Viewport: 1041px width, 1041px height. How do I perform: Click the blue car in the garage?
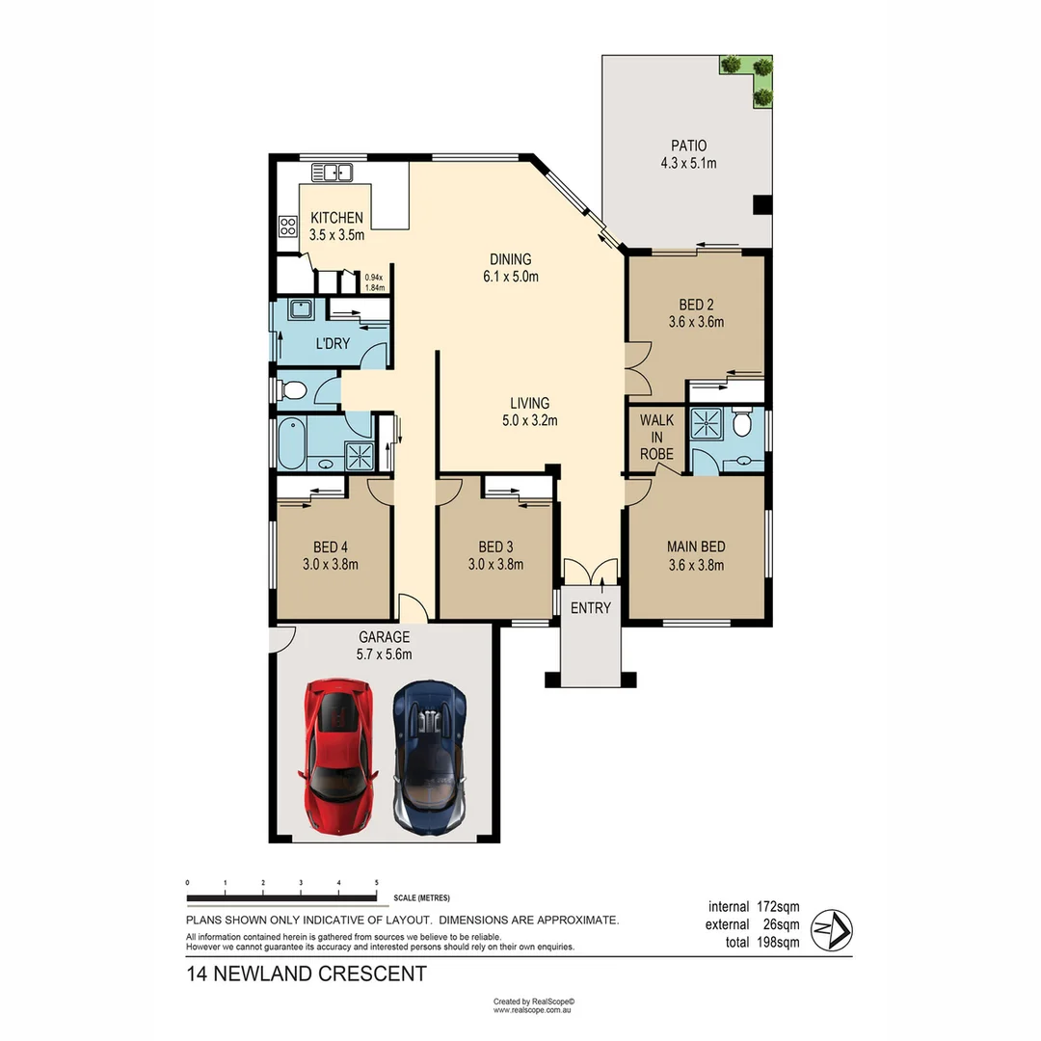coord(430,758)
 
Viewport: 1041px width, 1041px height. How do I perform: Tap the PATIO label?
coord(688,146)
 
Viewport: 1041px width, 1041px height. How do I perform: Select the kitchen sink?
coord(332,173)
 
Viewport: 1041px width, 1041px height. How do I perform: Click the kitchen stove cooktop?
coord(287,227)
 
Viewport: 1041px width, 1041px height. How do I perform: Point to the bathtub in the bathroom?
coord(291,444)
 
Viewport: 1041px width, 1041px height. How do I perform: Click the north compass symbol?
coord(831,930)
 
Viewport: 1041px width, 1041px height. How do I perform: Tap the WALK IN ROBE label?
coord(656,438)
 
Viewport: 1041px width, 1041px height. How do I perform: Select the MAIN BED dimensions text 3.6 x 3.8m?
coord(695,566)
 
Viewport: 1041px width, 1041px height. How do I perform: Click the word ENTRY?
coord(590,607)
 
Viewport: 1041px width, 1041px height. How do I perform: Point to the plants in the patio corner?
coord(750,77)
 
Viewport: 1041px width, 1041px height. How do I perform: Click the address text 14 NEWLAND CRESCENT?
coord(307,974)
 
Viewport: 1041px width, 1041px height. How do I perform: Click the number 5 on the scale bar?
coord(376,883)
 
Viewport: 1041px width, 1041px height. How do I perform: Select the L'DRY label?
coord(333,344)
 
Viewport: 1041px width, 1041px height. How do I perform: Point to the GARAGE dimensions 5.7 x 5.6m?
coord(385,654)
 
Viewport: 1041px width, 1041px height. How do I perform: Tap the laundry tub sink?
coord(299,310)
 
